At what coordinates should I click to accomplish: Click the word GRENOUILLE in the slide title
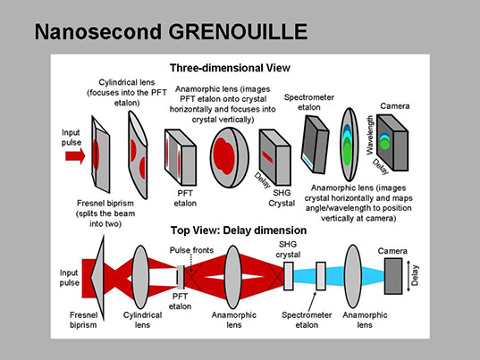tap(238, 31)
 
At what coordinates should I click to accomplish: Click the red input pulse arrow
tap(75, 156)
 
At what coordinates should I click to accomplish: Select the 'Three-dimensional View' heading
tap(230, 68)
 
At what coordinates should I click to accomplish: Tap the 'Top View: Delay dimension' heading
tap(239, 230)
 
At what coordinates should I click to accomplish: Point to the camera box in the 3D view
tap(392, 142)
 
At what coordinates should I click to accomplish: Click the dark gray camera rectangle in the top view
tap(393, 276)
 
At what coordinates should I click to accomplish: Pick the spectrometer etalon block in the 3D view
tap(316, 145)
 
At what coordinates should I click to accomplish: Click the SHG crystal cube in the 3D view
tap(274, 157)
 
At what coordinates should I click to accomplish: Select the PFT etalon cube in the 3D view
tap(181, 157)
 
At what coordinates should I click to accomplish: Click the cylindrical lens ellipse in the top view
tap(140, 277)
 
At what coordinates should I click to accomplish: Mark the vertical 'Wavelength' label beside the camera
tap(370, 135)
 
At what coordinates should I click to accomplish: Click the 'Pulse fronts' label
tap(191, 250)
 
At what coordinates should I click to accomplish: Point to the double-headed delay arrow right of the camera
tap(408, 276)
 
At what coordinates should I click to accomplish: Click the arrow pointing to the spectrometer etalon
tap(312, 301)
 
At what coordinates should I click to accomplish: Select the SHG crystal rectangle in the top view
tap(289, 276)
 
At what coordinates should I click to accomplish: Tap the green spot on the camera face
tap(384, 144)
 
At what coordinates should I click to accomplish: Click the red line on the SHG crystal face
tap(267, 156)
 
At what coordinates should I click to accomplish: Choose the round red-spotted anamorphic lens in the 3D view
tap(230, 157)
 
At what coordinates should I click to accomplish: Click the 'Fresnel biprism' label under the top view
tap(83, 320)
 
